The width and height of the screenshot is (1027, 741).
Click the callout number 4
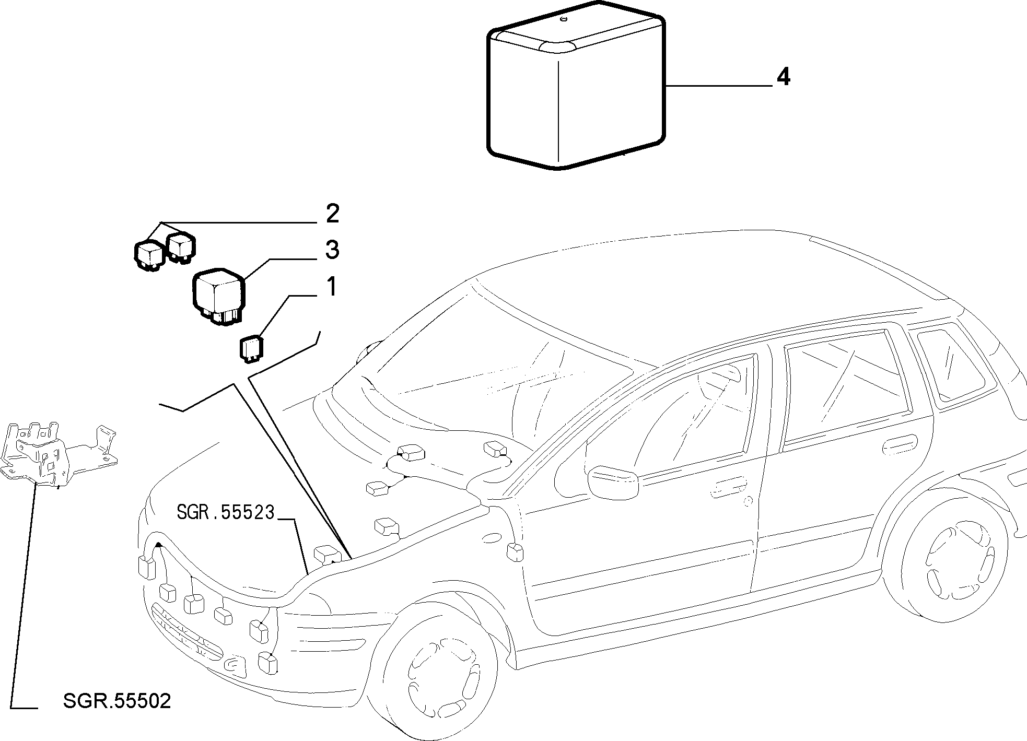(x=783, y=77)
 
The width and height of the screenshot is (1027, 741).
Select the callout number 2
(x=332, y=214)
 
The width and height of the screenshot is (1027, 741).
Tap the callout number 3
(x=332, y=250)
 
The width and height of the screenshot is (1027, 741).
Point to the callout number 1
(x=332, y=287)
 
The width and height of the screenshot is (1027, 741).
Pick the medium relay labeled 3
(x=218, y=297)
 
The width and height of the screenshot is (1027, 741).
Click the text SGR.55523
(x=225, y=512)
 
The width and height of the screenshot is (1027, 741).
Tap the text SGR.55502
(x=116, y=701)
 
